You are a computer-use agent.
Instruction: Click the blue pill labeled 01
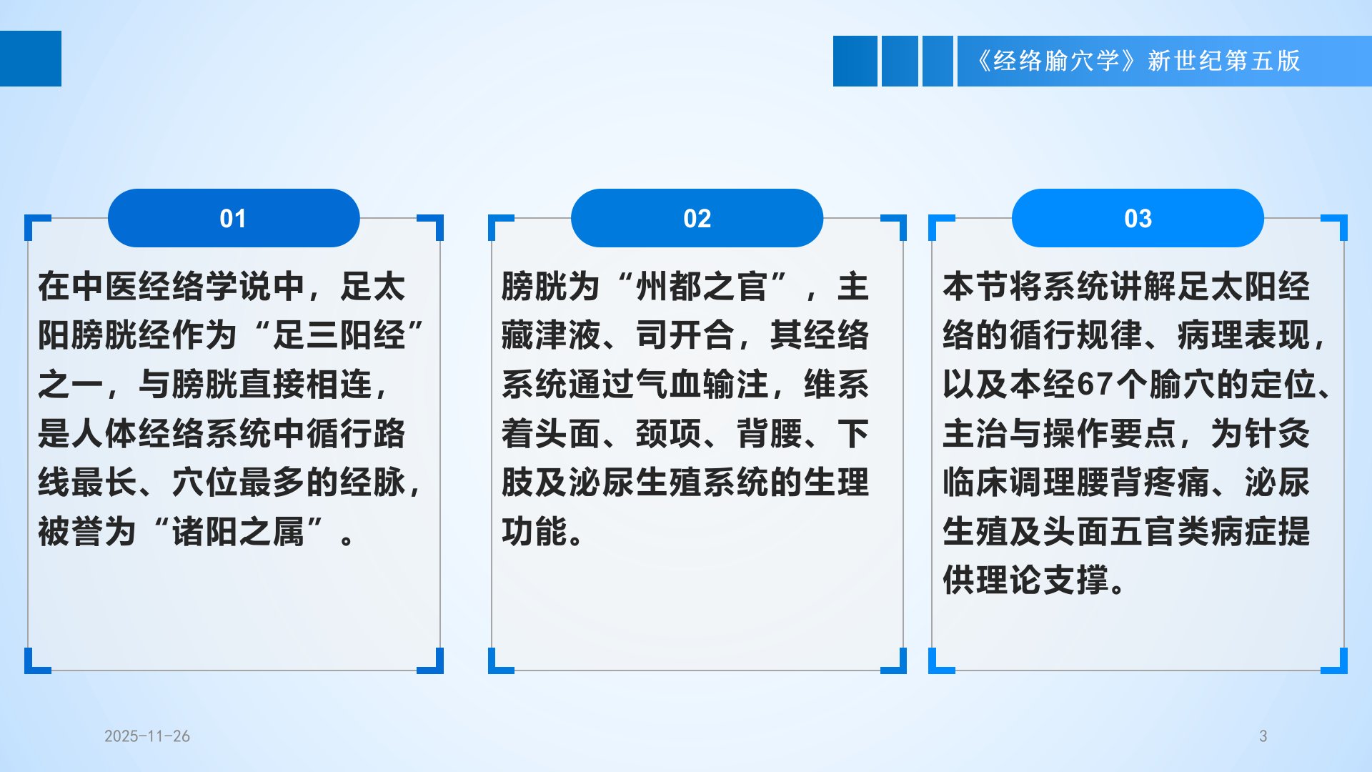(234, 218)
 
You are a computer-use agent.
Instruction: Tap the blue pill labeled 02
(697, 218)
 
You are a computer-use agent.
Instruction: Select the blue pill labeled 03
(1138, 218)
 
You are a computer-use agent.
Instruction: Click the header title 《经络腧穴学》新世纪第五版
(1138, 61)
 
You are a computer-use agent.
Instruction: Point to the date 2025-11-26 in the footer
(147, 736)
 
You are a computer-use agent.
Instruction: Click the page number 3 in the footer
(1263, 736)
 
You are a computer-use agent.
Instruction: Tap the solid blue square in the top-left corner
(31, 59)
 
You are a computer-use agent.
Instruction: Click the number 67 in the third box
(1095, 385)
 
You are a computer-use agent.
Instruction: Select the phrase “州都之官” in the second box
(700, 287)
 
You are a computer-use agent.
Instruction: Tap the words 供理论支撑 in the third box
(1025, 580)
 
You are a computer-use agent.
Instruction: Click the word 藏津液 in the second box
(551, 335)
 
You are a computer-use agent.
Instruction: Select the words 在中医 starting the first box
(88, 287)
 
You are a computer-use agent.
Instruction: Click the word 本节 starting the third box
(975, 287)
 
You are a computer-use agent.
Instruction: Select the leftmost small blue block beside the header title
(855, 61)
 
